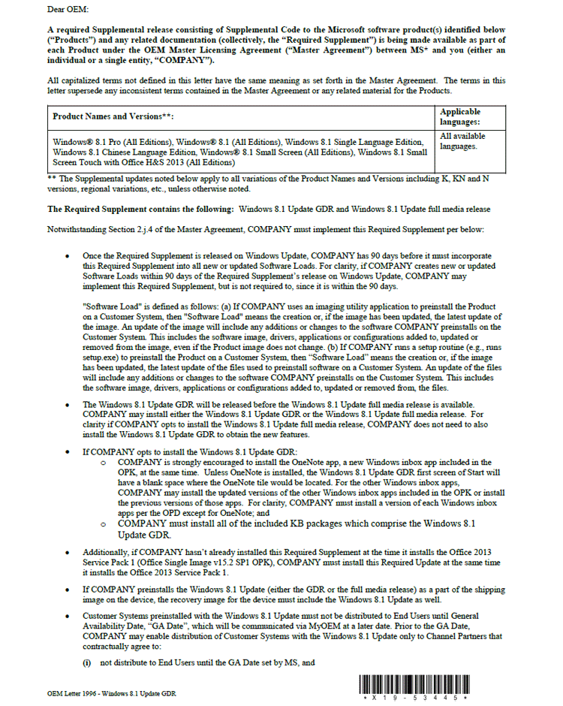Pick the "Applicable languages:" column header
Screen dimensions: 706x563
(460, 116)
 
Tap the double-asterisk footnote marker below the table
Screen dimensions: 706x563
(51, 179)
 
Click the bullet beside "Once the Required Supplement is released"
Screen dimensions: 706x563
(69, 256)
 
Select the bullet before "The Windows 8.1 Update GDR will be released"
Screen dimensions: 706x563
(69, 404)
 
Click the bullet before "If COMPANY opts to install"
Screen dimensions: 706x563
(69, 453)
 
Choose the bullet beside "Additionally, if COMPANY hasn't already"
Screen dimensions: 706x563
(69, 552)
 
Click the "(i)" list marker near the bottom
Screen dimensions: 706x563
(87, 663)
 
